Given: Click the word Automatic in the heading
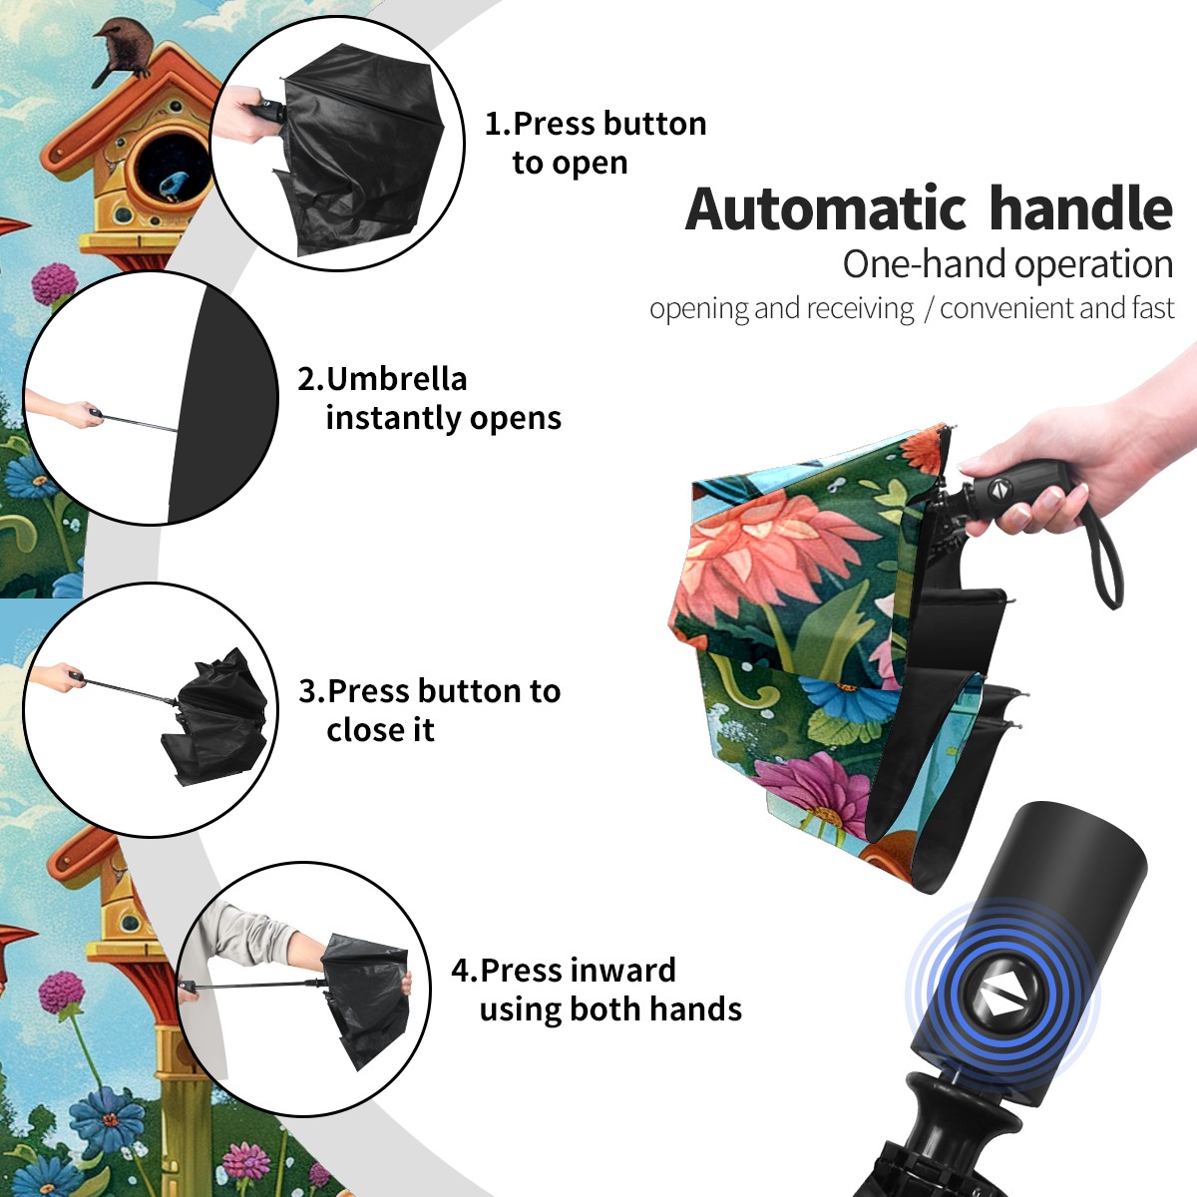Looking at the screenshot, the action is pyautogui.click(x=826, y=209).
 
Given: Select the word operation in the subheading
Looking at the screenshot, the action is pyautogui.click(x=1094, y=265).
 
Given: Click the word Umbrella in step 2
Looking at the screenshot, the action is pyautogui.click(x=396, y=379).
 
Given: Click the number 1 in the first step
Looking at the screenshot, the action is pyautogui.click(x=493, y=125).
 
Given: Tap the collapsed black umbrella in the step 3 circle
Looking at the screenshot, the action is pyautogui.click(x=214, y=714).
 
